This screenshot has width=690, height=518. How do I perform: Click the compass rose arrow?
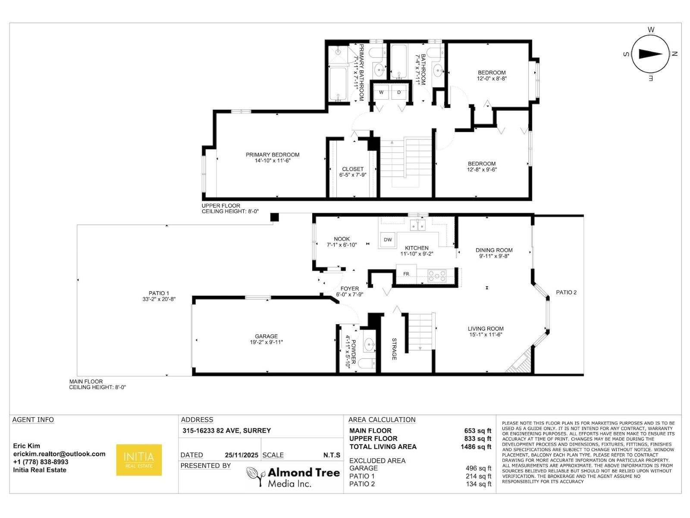650,54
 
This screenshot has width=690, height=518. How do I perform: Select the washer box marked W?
381,92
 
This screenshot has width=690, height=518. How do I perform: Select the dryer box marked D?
399,92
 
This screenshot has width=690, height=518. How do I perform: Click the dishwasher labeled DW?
388,240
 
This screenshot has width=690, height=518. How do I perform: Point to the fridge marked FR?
406,274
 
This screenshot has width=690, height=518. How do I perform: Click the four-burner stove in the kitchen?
437,275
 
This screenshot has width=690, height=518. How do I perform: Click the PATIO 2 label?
566,292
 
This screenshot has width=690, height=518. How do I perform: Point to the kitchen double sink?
417,225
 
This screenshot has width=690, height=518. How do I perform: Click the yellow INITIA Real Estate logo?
139,460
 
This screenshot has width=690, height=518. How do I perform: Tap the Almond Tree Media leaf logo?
255,476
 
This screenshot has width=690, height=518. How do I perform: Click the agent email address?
59,454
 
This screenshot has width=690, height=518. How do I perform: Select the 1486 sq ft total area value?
476,447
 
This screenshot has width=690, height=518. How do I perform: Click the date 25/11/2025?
241,455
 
